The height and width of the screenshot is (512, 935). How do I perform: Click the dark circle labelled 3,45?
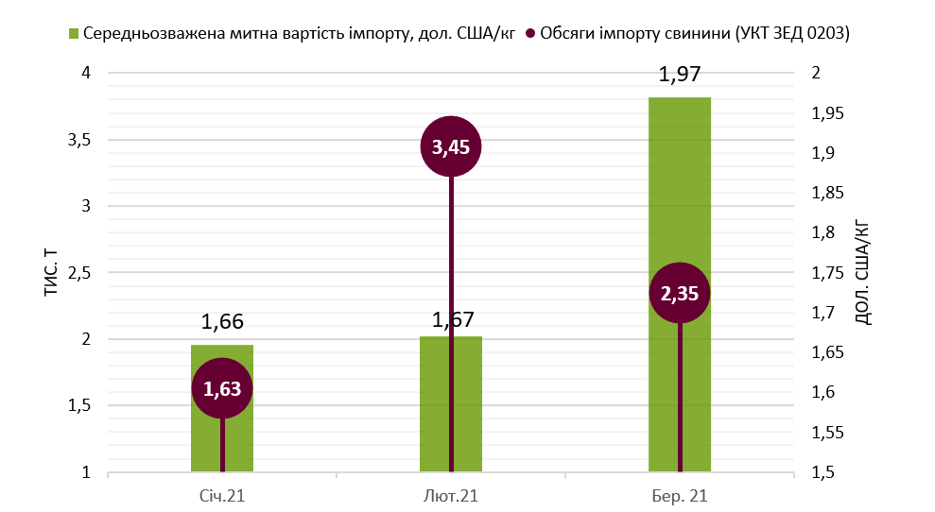(x=451, y=146)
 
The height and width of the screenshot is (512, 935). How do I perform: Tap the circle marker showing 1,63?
(x=222, y=388)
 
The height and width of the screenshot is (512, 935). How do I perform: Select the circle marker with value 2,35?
(x=680, y=293)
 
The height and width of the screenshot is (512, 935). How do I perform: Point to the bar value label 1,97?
(x=680, y=76)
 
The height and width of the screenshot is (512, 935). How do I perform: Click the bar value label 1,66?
(x=222, y=322)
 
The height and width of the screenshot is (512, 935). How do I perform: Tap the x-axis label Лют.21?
(x=451, y=496)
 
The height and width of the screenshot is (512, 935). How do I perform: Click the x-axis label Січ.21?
(x=222, y=496)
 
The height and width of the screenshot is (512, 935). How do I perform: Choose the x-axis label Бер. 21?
(x=680, y=496)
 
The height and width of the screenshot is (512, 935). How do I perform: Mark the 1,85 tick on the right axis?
(x=829, y=194)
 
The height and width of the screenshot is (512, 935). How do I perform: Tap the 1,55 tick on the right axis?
(x=829, y=433)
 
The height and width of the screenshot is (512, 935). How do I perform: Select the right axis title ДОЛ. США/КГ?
(x=862, y=273)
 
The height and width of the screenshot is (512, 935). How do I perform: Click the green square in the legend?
(x=75, y=34)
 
